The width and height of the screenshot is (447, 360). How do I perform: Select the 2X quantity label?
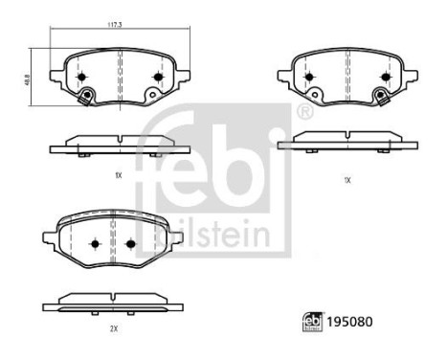click(x=114, y=328)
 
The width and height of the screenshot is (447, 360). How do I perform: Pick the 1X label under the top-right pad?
click(x=346, y=179)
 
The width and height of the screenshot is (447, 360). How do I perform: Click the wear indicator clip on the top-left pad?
click(x=87, y=96)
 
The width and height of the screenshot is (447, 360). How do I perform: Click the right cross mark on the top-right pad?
click(x=385, y=77)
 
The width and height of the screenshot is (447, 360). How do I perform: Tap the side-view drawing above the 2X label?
click(x=114, y=301)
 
